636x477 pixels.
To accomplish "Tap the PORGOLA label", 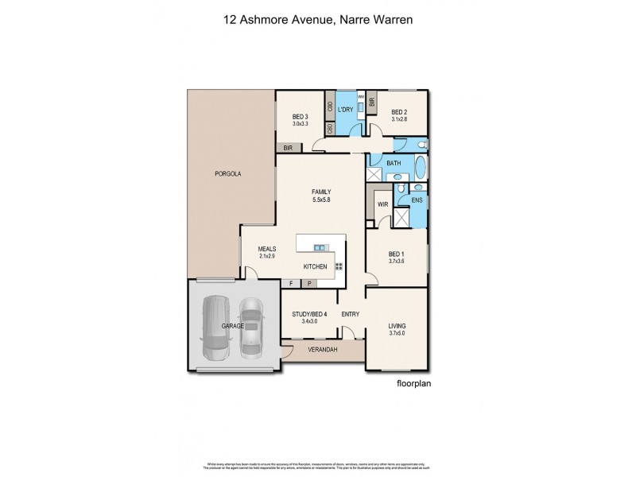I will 227,173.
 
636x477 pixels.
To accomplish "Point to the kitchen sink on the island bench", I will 320,246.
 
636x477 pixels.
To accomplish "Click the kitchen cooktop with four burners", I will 339,267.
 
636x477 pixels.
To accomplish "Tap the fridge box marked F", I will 292,283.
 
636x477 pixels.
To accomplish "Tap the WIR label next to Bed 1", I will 382,204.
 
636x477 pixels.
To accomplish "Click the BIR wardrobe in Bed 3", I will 289,148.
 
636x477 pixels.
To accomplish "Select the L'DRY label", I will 346,109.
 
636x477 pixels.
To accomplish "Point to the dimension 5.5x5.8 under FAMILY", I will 320,200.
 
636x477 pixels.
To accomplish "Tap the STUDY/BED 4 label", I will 309,314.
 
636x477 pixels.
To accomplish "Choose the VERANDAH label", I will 323,350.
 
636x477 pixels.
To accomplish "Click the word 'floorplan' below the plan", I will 417,382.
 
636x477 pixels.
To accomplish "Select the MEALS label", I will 266,248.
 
